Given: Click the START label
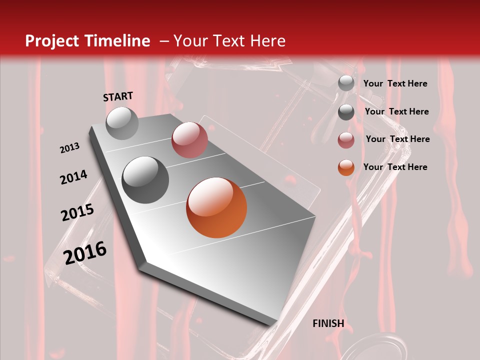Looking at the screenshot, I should point(118,96).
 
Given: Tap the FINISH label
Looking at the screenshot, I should point(328,323).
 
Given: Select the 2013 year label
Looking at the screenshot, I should point(69,148).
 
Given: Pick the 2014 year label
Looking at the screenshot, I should point(73,177).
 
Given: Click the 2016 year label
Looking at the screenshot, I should point(85,253).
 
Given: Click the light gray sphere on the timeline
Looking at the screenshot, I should point(122,123).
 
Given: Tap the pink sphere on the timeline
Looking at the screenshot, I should point(189,140).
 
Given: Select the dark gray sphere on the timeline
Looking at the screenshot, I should point(145,180).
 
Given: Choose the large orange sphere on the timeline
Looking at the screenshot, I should point(216,207).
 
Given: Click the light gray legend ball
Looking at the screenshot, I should point(346,83).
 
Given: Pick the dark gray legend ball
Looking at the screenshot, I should point(346,112).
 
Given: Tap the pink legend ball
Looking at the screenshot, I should point(346,140).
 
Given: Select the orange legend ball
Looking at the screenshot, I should point(346,168).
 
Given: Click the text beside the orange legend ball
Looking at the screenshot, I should point(395,167).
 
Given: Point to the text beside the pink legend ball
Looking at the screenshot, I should point(397,139).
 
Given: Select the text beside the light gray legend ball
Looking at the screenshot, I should point(395,83).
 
